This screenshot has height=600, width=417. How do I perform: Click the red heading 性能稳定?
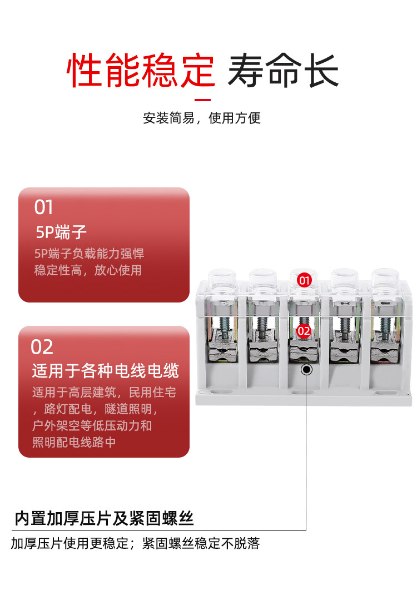141,71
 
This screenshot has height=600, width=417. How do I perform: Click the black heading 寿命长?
283,71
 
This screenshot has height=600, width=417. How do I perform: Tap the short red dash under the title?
203,100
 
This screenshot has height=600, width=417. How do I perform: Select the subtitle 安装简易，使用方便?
202,118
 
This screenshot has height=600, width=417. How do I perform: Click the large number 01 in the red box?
43,207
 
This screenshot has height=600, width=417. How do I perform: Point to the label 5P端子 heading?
61,232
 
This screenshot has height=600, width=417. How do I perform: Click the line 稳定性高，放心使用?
88,270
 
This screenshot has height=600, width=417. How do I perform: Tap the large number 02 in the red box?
42,346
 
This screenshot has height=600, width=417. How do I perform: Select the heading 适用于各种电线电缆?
105,370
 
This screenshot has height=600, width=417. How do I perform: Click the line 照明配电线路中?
74,442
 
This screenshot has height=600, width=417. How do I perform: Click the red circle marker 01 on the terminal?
304,280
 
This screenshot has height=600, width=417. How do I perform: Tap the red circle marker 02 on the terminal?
304,331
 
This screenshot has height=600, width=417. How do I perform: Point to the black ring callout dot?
306,370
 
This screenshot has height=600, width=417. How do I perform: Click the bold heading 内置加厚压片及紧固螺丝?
104,518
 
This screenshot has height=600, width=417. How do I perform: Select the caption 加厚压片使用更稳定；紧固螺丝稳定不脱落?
136,543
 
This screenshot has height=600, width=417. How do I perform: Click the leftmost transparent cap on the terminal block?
222,282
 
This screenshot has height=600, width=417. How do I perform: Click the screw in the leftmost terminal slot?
224,328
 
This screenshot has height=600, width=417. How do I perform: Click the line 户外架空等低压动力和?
92,425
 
